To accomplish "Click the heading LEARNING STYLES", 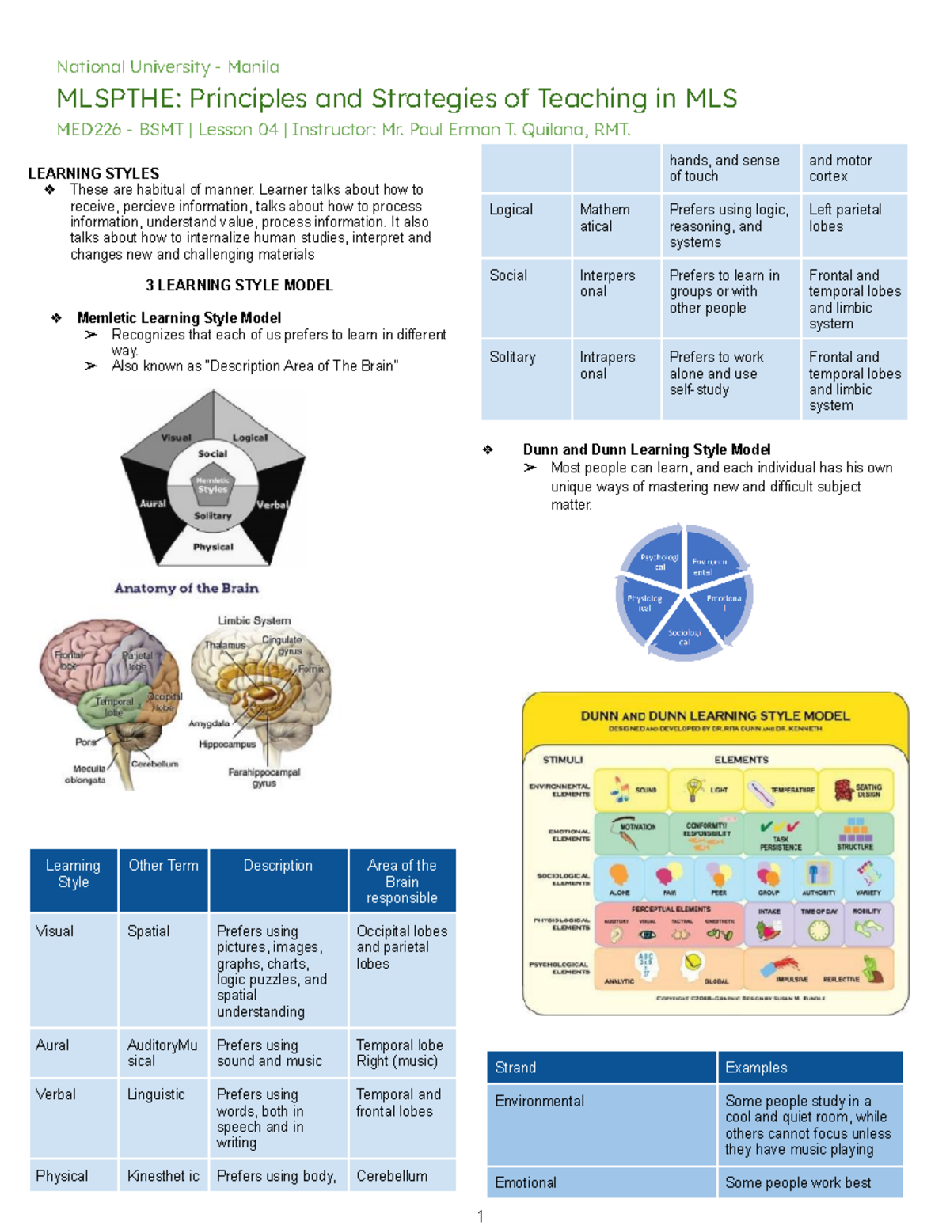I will [93, 173].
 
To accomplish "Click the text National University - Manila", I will [167, 67].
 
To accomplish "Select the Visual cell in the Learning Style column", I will [55, 931].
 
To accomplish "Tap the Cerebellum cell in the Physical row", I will [391, 1176].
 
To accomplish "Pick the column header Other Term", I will [163, 866].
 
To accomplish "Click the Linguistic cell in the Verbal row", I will [156, 1094].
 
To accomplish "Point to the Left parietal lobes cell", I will [845, 218].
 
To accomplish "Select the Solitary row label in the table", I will [512, 357].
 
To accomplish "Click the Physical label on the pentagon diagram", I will [213, 547].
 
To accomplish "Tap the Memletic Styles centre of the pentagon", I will [212, 485].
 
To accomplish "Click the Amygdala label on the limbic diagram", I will [209, 723].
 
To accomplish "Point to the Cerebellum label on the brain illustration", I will [154, 764].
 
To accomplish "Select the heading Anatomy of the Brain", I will [186, 588].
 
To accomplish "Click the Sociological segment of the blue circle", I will [684, 636].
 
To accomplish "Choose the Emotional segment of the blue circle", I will [724, 603].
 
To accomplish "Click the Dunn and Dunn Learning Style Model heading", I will [646, 449].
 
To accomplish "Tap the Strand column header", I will [515, 1068].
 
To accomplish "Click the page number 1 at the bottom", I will [480, 1216].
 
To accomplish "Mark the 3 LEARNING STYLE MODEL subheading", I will [239, 285].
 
